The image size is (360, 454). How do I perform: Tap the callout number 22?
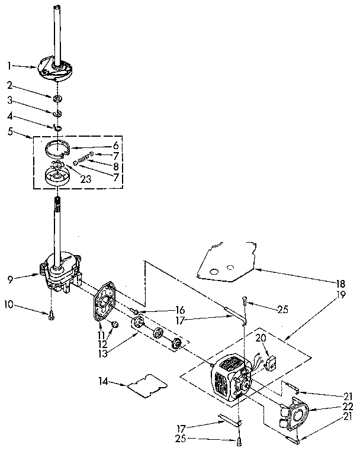[x=348, y=407]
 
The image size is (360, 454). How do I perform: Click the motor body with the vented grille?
[x=228, y=382]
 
